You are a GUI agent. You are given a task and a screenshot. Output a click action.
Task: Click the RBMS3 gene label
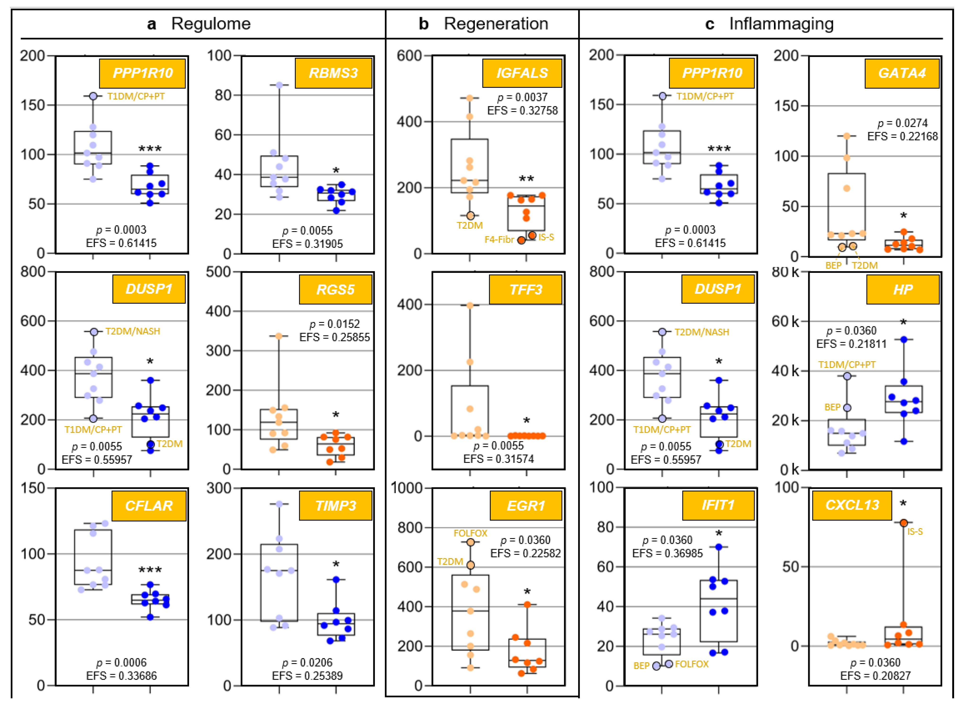pyautogui.click(x=333, y=73)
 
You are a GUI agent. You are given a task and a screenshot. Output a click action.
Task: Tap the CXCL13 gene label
pyautogui.click(x=852, y=505)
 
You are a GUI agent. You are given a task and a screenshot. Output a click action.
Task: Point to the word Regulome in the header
pyautogui.click(x=211, y=24)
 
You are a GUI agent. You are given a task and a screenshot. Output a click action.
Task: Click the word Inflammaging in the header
pyautogui.click(x=781, y=24)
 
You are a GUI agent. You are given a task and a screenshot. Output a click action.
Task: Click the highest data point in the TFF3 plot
pyautogui.click(x=470, y=305)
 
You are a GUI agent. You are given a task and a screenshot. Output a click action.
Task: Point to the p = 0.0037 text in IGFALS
pyautogui.click(x=522, y=97)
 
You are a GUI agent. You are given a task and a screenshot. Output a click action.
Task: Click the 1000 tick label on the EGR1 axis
pyautogui.click(x=407, y=488)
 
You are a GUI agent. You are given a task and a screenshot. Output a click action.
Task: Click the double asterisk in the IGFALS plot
pyautogui.click(x=526, y=179)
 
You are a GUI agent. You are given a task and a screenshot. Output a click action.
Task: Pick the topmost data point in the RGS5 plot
pyautogui.click(x=279, y=336)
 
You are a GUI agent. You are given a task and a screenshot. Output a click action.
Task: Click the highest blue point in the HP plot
pyautogui.click(x=904, y=339)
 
